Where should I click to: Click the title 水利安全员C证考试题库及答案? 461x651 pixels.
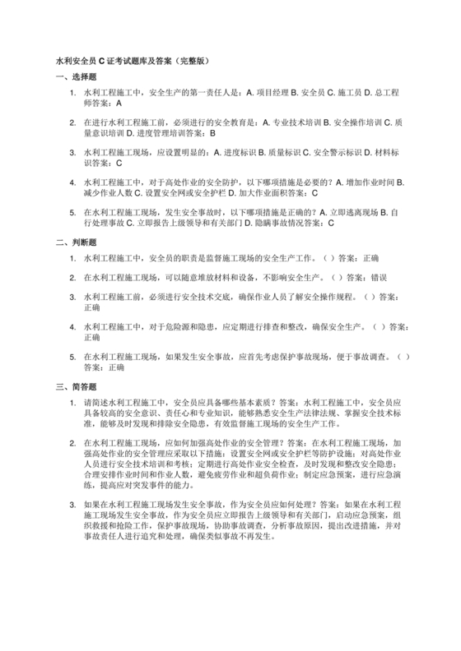coord(135,61)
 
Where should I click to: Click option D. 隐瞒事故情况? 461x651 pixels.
coord(271,222)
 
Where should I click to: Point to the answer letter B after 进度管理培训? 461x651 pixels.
coord(212,132)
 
